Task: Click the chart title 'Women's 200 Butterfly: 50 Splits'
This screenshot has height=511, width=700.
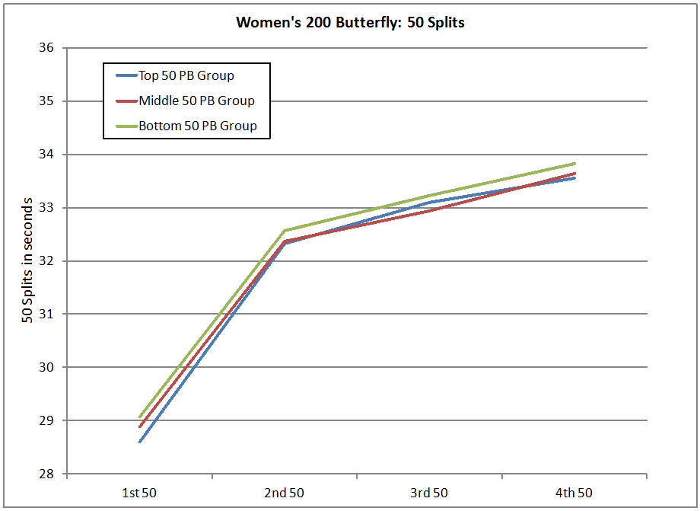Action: click(x=350, y=22)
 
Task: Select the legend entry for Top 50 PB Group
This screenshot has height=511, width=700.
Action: click(x=186, y=75)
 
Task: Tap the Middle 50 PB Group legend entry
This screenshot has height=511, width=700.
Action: click(x=196, y=101)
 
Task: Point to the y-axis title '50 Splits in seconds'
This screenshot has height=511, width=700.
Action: click(x=27, y=260)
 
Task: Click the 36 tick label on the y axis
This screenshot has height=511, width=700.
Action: click(x=46, y=48)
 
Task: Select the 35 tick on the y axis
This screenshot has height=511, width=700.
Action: click(x=46, y=101)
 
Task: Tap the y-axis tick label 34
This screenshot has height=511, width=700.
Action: click(x=46, y=155)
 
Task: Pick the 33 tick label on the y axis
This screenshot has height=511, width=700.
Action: click(x=46, y=208)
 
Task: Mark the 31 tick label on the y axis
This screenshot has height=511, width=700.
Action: click(x=46, y=314)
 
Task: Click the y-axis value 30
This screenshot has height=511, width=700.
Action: click(x=46, y=367)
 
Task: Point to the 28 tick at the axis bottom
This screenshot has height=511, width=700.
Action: click(x=46, y=474)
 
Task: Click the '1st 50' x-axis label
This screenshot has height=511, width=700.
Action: click(x=140, y=493)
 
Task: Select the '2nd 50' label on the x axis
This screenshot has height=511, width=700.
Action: click(x=285, y=493)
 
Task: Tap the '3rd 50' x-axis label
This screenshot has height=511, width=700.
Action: click(x=430, y=493)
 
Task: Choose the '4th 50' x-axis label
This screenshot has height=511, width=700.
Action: click(x=574, y=493)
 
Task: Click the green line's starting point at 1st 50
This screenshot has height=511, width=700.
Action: click(x=140, y=417)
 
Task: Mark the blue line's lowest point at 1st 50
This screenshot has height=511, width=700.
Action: click(x=140, y=442)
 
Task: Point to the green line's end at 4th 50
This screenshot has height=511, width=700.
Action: click(x=574, y=163)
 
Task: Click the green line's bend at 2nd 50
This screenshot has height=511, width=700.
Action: click(x=285, y=231)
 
